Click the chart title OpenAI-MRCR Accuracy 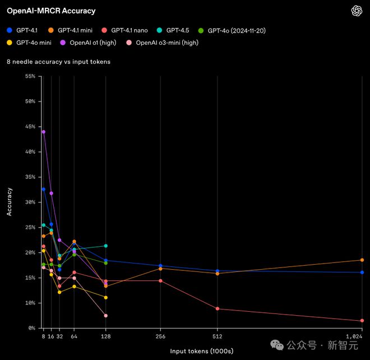51,11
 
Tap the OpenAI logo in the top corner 357,11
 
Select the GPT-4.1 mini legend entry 70,30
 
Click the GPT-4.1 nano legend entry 125,30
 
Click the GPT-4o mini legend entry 33,42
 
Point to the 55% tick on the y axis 30,76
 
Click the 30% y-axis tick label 30,202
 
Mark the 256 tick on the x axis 161,336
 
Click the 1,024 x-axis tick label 354,336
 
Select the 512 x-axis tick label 218,336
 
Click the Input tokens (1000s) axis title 202,351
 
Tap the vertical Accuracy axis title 9,202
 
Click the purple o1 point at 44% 44,132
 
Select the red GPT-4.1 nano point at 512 218,309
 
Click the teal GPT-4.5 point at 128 106,246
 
